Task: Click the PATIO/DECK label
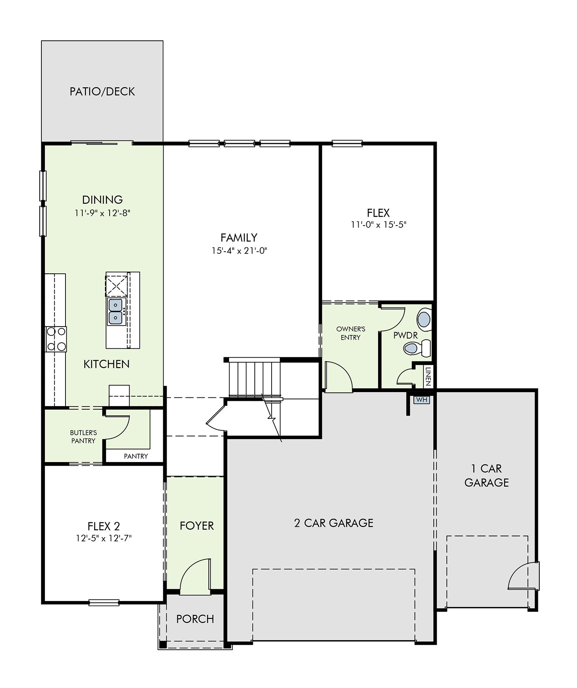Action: coord(102,92)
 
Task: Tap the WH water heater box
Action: coord(421,400)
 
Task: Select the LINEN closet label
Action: coord(428,376)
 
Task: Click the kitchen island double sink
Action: coord(116,312)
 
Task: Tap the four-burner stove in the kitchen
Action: coord(56,339)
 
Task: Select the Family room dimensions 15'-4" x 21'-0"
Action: coord(239,251)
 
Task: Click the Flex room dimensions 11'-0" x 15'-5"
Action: coord(379,225)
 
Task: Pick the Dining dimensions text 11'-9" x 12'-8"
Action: coord(103,213)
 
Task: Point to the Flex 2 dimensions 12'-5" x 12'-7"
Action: coord(104,538)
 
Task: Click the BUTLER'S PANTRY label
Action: coord(84,437)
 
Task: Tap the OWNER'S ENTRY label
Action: coord(351,333)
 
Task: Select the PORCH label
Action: coord(195,619)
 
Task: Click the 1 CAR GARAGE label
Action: coord(487,476)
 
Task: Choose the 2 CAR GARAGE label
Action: coord(334,523)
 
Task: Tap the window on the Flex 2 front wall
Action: coord(104,603)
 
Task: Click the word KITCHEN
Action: coord(107,364)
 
